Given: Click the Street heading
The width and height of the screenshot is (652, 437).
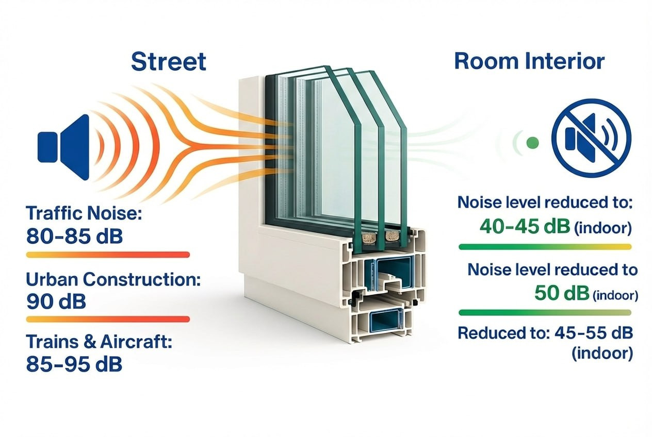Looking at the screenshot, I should click(169, 61).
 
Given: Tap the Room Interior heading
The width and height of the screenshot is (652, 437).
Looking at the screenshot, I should click(529, 61).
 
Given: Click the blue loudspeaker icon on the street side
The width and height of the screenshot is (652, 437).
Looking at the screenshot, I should click(63, 147).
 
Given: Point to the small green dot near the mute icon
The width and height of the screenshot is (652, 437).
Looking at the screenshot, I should click(533, 142).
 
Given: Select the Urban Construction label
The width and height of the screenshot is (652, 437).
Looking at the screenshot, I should click(113, 280).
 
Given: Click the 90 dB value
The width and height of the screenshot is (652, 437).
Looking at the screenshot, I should click(55, 301).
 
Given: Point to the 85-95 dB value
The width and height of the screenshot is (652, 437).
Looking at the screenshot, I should click(74, 364).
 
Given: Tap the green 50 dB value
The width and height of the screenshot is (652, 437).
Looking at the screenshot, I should click(561, 293).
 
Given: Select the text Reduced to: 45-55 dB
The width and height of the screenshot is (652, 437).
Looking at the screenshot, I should click(545, 333).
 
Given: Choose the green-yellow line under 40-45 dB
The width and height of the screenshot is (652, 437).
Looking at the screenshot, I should click(545, 247).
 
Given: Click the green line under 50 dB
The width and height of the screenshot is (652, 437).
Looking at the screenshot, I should click(545, 313).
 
